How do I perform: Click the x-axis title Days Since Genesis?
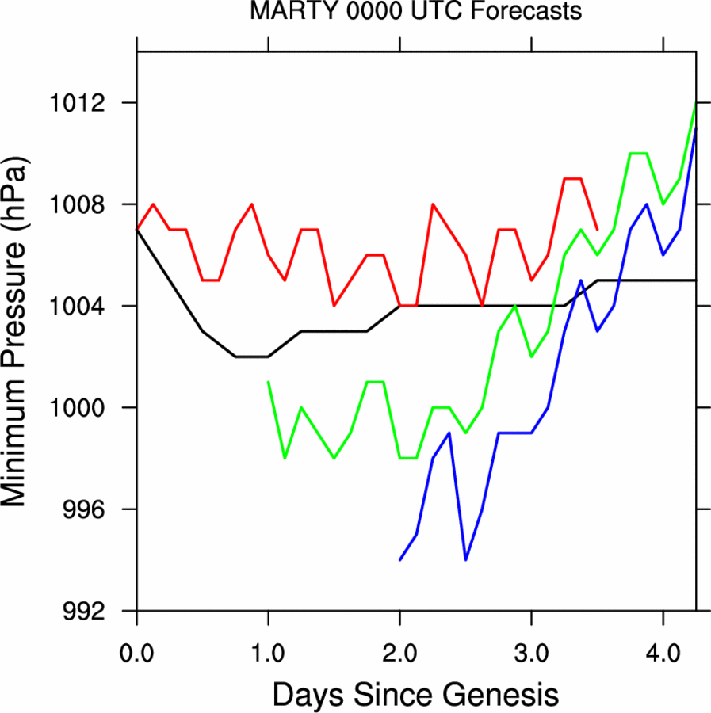click(416, 695)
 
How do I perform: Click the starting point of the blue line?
click(400, 560)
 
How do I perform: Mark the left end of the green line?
click(269, 382)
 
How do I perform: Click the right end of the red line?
click(597, 230)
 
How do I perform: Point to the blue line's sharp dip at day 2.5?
click(466, 559)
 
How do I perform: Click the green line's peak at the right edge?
click(695, 103)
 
